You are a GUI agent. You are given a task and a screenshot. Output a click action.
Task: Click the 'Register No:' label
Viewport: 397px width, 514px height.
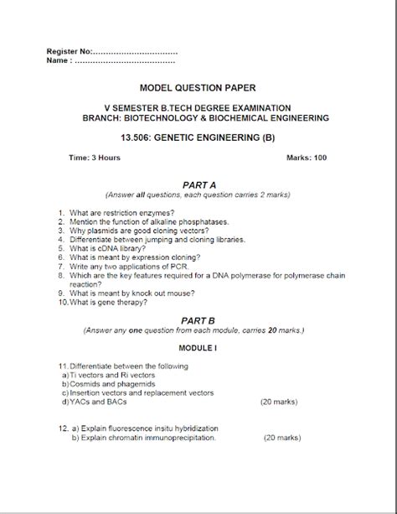(x=70, y=52)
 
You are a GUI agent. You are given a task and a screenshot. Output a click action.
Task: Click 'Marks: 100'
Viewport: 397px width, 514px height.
(x=307, y=158)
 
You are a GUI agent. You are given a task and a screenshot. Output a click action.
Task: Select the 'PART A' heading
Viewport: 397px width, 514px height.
(x=198, y=184)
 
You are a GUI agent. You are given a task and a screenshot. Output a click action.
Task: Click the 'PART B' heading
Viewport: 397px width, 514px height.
(x=198, y=320)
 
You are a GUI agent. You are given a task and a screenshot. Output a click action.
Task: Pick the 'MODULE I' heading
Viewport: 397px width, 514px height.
(x=198, y=347)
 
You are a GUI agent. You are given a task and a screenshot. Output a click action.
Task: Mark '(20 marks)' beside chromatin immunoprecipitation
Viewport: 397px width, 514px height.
(x=283, y=438)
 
